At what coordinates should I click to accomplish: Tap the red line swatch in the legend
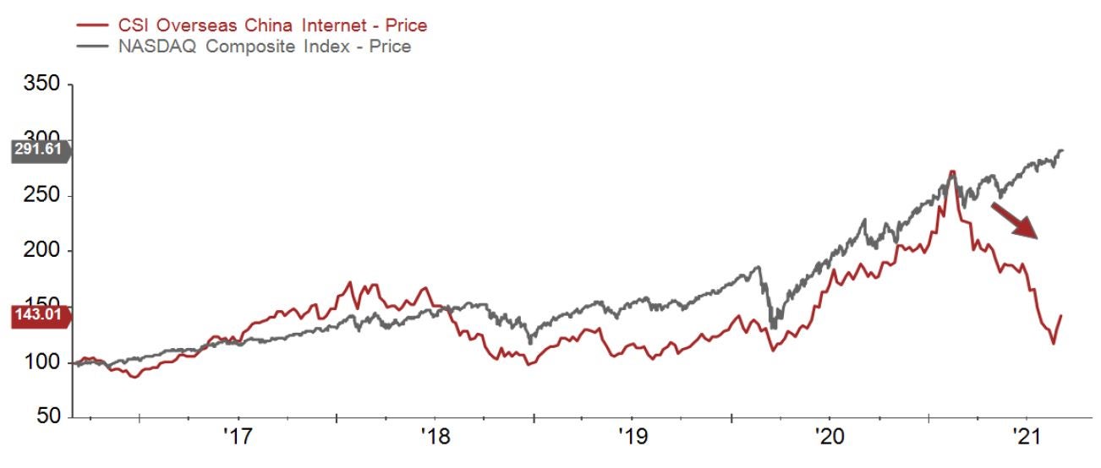click(x=90, y=25)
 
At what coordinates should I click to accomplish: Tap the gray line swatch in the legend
click(x=90, y=46)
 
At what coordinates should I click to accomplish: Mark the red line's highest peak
click(x=952, y=171)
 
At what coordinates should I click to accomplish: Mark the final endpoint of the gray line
click(x=1062, y=150)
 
